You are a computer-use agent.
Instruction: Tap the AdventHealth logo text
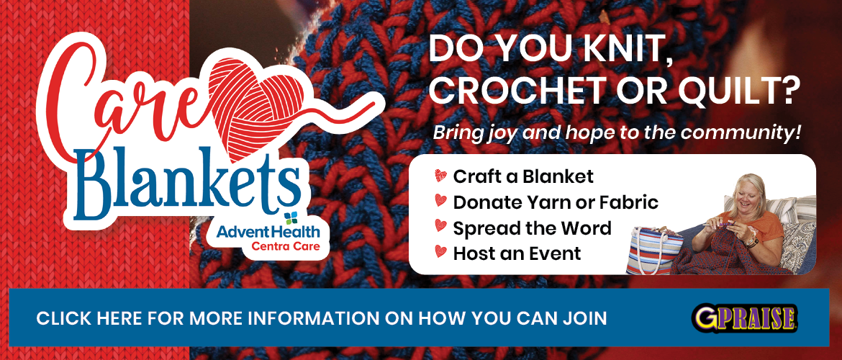click(x=268, y=232)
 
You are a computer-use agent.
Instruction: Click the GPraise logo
click(x=744, y=317)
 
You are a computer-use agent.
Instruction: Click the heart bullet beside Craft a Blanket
click(x=440, y=175)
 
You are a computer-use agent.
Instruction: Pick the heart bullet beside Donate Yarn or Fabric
click(x=440, y=202)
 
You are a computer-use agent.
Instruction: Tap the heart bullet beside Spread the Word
click(x=440, y=227)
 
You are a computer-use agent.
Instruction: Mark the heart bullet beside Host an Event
click(x=440, y=251)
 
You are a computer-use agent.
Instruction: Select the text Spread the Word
click(x=532, y=228)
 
